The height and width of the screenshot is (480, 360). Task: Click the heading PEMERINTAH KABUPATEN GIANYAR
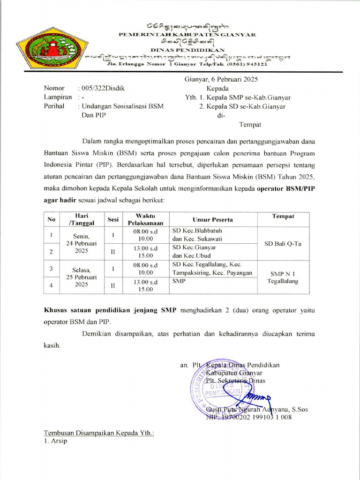(x=187, y=34)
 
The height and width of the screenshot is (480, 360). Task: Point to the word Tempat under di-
(x=250, y=124)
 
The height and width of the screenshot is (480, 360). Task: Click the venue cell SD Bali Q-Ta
(x=283, y=244)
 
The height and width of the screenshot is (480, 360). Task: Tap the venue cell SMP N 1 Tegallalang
(x=283, y=277)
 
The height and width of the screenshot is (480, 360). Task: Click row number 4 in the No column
(x=51, y=285)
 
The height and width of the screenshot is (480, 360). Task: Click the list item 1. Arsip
(x=55, y=441)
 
